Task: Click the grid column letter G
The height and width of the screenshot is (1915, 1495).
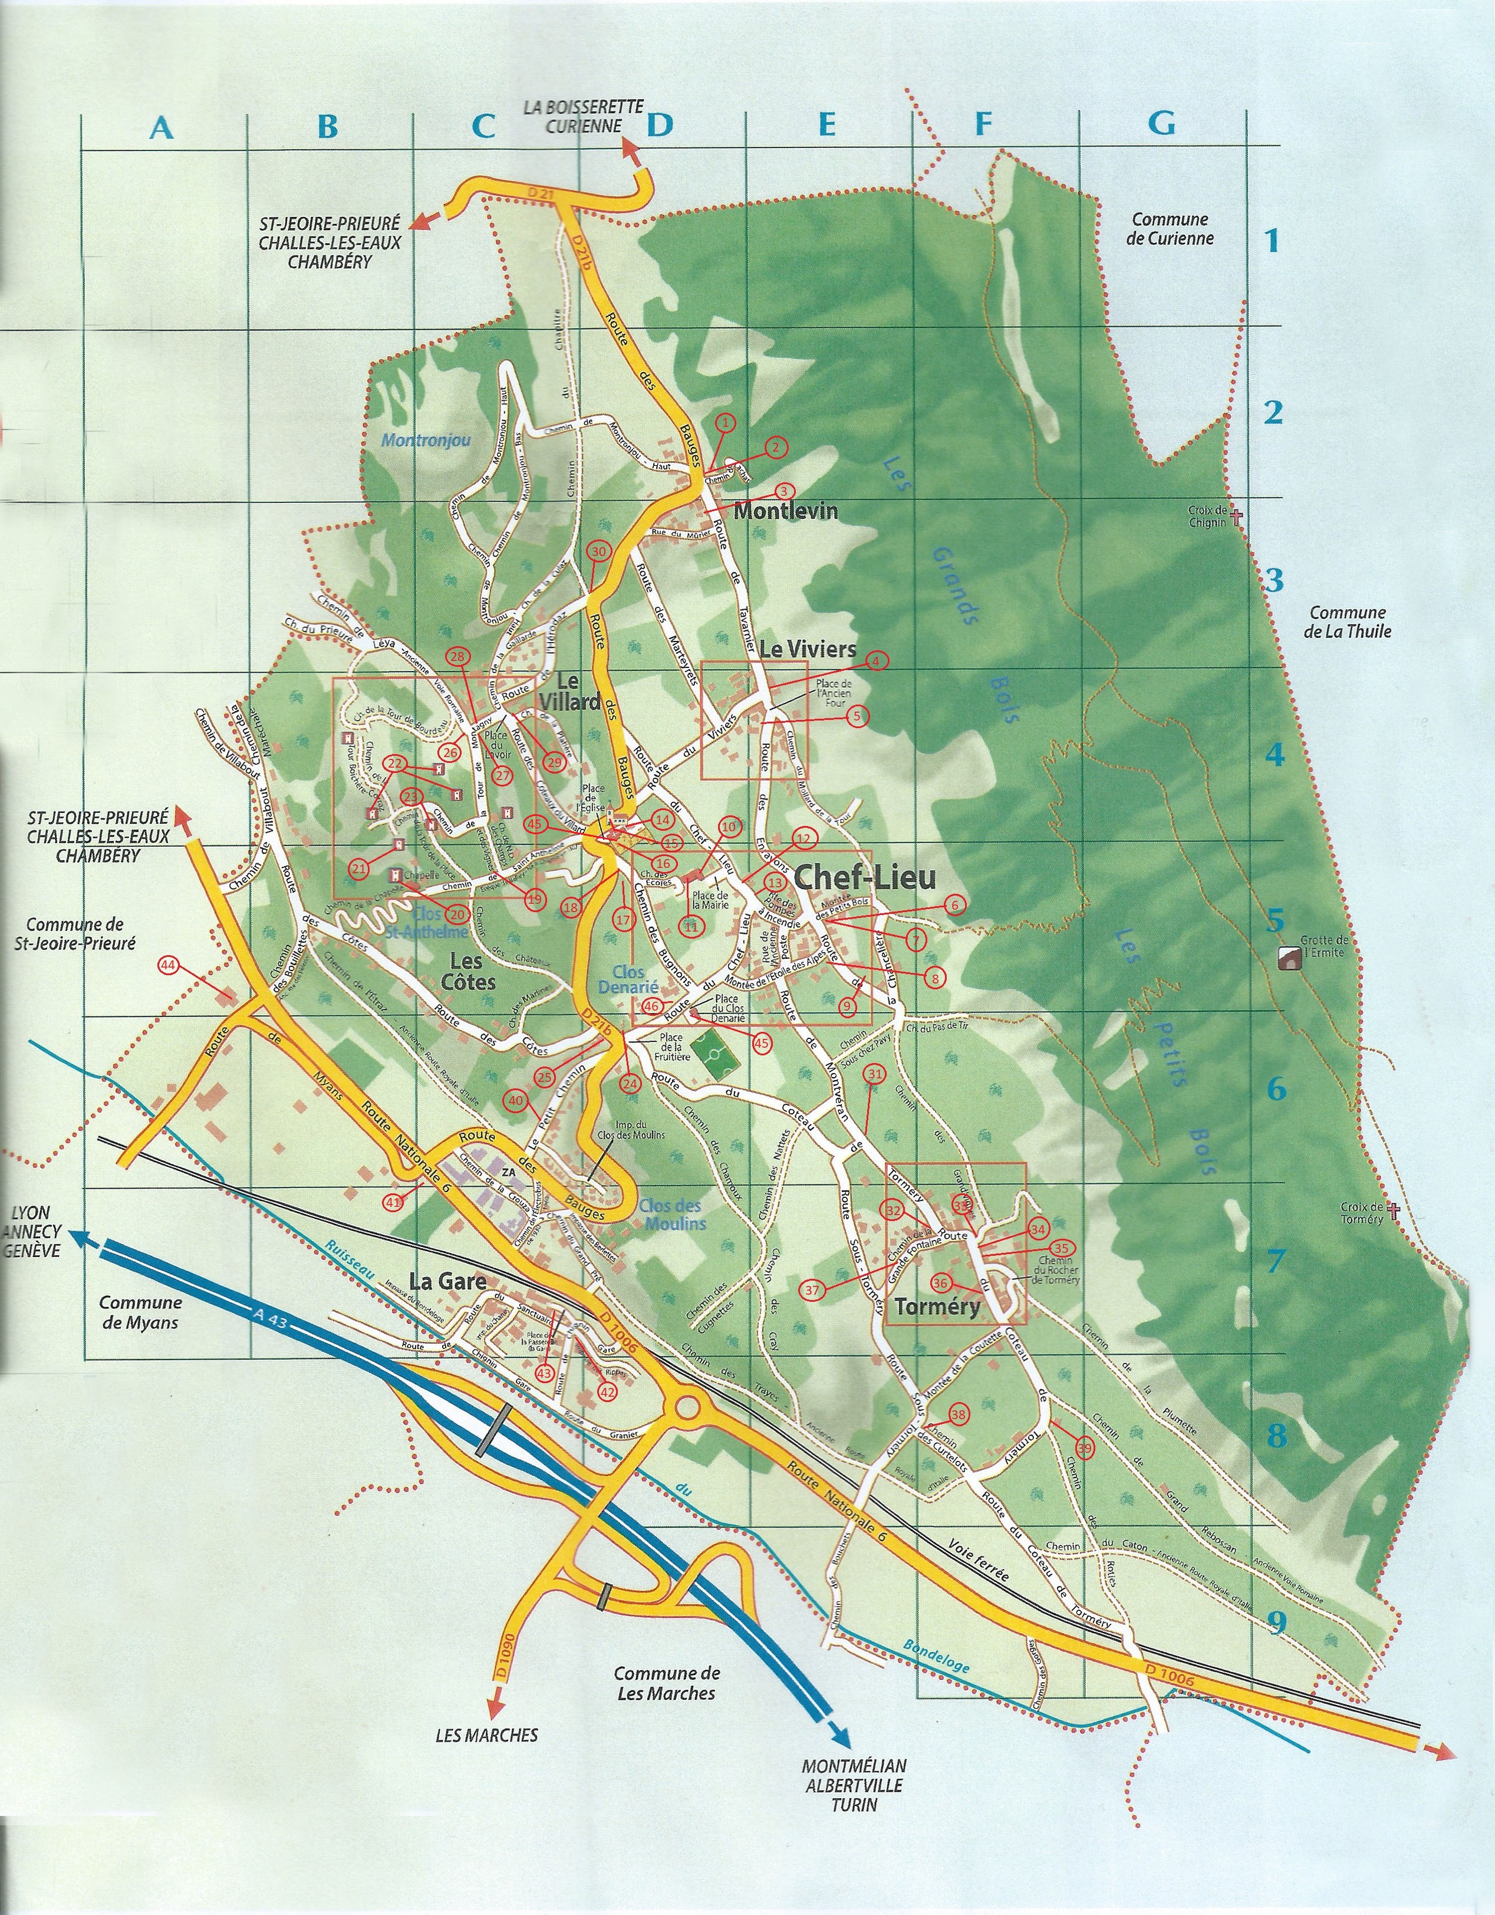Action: (x=1162, y=126)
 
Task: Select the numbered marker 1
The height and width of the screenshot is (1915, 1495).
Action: (x=725, y=423)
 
